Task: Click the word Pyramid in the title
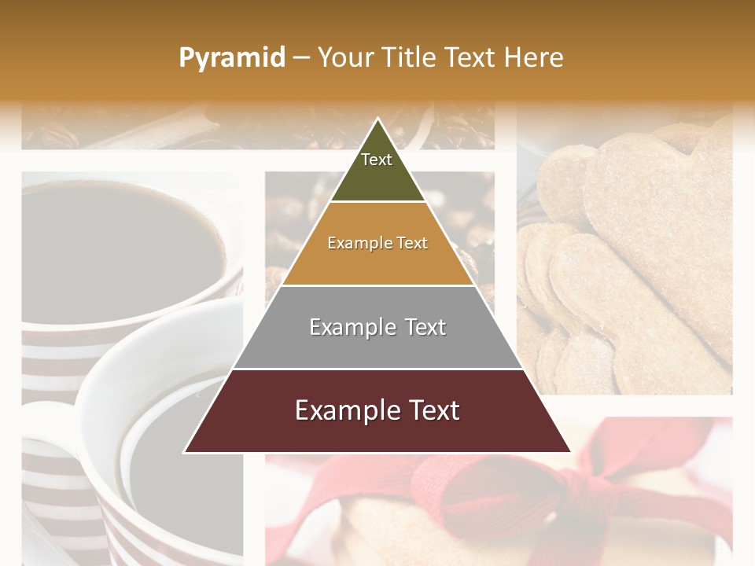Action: (231, 58)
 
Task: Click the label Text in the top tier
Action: (377, 160)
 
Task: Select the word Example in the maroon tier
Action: (344, 410)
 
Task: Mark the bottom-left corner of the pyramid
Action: (185, 452)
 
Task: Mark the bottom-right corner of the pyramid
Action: (570, 452)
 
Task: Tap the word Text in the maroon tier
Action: (433, 410)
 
